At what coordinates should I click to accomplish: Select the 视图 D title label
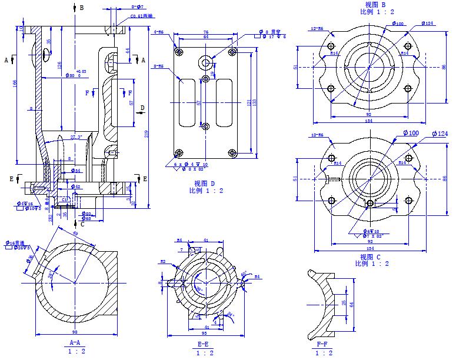pyautogui.click(x=205, y=184)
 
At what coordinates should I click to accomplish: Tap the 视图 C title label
pyautogui.click(x=370, y=257)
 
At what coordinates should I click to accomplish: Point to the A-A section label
pyautogui.click(x=75, y=342)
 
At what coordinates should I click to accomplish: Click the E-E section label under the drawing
pyautogui.click(x=203, y=344)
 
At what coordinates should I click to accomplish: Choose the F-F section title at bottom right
pyautogui.click(x=322, y=344)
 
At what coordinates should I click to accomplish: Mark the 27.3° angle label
pyautogui.click(x=76, y=137)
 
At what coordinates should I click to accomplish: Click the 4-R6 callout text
pyautogui.click(x=158, y=32)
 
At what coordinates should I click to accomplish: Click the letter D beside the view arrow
pyautogui.click(x=142, y=108)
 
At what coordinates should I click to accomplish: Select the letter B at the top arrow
pyautogui.click(x=81, y=8)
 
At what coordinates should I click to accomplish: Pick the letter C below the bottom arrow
pyautogui.click(x=82, y=224)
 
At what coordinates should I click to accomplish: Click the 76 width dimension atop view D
pyautogui.click(x=206, y=32)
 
